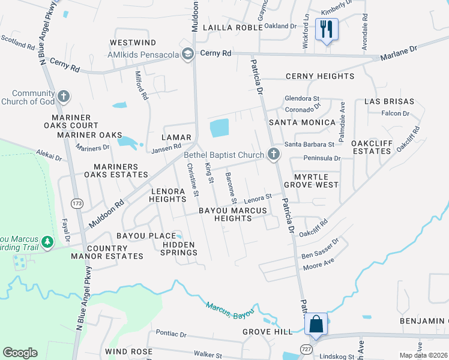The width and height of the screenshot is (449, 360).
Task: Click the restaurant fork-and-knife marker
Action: tap(327, 29)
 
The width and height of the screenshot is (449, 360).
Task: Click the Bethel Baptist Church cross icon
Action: tap(274, 154)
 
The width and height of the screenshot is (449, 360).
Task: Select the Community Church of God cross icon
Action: tap(63, 97)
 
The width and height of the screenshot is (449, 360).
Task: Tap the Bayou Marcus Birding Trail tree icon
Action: tap(47, 242)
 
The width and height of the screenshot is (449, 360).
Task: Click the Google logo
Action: tap(20, 353)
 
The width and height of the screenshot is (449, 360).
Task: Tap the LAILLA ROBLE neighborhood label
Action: tap(228, 28)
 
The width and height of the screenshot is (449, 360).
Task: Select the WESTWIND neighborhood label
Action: tap(133, 43)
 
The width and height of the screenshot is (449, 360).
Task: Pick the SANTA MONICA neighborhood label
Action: tap(302, 122)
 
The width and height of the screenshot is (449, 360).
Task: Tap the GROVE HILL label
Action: tap(268, 331)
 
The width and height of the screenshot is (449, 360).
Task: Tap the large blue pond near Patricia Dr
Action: tap(219, 127)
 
